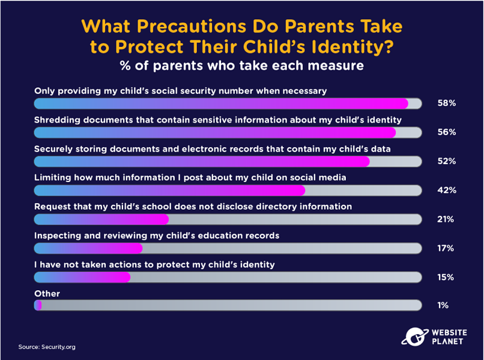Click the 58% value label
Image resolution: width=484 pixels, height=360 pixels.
pos(446,103)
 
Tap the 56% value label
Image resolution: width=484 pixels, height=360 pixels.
pos(446,132)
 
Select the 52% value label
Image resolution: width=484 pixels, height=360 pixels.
pos(446,161)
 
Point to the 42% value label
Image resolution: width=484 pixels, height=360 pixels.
pos(447,190)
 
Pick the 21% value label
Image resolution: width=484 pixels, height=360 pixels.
pos(446,219)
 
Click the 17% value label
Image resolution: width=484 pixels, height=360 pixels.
pos(446,248)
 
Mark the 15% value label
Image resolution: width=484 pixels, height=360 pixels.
pos(446,278)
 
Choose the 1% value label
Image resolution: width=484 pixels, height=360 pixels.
pos(443,306)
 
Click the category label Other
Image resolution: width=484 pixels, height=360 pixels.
pos(47,293)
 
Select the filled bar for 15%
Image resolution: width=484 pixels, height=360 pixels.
pos(82,278)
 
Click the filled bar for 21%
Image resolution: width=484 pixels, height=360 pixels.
pos(101,219)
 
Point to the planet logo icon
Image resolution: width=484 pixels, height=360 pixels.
pos(414,337)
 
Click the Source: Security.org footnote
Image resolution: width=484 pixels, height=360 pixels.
pos(47,347)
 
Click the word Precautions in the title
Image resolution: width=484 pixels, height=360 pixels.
pos(192,26)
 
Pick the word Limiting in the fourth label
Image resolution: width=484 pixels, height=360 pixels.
pos(53,178)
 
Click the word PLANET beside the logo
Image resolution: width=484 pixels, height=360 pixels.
pos(447,342)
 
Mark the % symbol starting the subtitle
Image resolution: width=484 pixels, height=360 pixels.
pos(125,66)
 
